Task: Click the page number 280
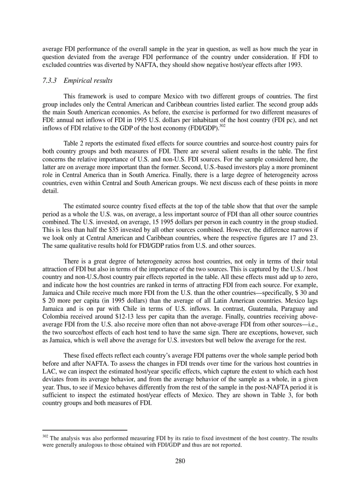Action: pos(180,462)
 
